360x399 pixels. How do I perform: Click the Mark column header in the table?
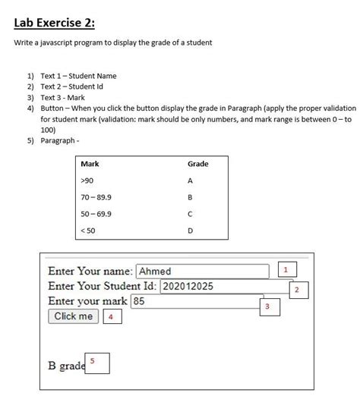click(90, 164)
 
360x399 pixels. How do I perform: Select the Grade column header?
click(197, 164)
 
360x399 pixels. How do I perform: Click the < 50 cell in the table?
click(87, 230)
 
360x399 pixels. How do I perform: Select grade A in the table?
click(190, 181)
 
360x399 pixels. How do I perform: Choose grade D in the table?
click(190, 230)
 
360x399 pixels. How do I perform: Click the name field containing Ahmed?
click(203, 271)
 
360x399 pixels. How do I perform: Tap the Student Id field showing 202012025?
click(226, 286)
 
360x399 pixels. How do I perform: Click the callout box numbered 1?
click(286, 270)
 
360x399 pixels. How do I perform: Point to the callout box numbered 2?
click(297, 290)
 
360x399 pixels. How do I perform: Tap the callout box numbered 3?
click(267, 306)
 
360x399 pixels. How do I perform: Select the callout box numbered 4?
click(112, 317)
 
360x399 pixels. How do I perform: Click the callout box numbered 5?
click(97, 363)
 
